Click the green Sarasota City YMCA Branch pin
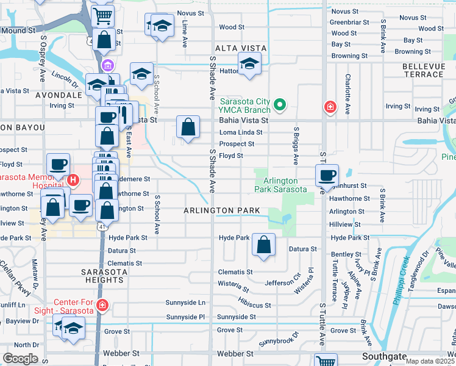(280, 105)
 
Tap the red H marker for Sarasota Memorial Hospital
(73, 180)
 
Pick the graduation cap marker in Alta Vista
(249, 64)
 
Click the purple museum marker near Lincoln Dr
(108, 66)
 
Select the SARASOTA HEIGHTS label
(105, 275)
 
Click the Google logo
(20, 359)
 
